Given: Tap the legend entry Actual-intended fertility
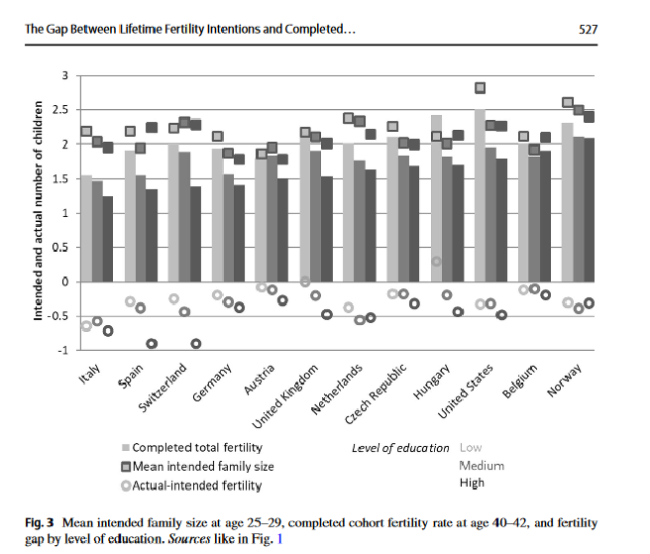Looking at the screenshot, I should coord(196,484).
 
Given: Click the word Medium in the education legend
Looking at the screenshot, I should coord(482,465).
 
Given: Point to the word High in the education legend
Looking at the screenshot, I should coord(473,483).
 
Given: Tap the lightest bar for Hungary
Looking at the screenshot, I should coord(436,198).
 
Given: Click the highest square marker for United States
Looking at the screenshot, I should coord(481,88).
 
